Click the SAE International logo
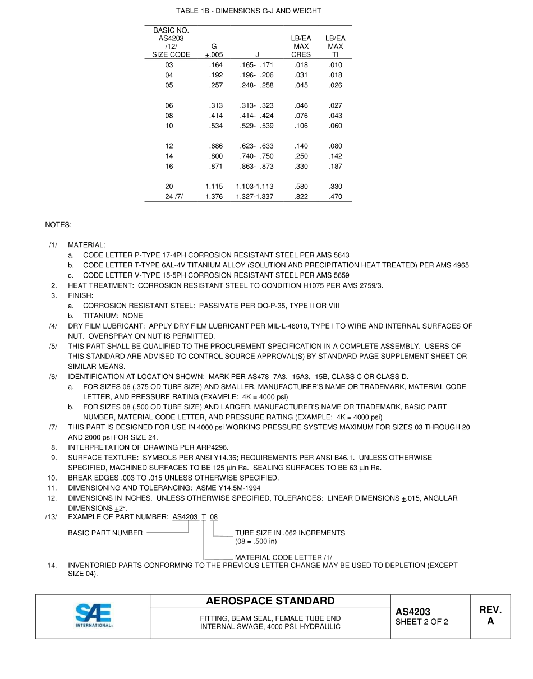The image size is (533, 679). (x=93, y=616)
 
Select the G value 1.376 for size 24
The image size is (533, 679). (x=214, y=197)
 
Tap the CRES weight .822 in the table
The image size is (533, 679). (x=301, y=197)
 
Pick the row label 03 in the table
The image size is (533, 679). (x=169, y=65)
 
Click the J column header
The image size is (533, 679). (x=257, y=55)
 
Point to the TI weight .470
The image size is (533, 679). (x=335, y=197)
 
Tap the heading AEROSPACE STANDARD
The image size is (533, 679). (x=270, y=601)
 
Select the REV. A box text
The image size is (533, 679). (x=490, y=616)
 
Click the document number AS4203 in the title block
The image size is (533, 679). (x=412, y=612)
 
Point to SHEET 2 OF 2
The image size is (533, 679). (x=421, y=622)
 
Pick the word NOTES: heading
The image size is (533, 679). (x=58, y=225)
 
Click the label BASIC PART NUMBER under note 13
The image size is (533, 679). (x=105, y=533)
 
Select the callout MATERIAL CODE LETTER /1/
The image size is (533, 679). (x=283, y=557)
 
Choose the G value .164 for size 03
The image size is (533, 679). (x=215, y=65)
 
